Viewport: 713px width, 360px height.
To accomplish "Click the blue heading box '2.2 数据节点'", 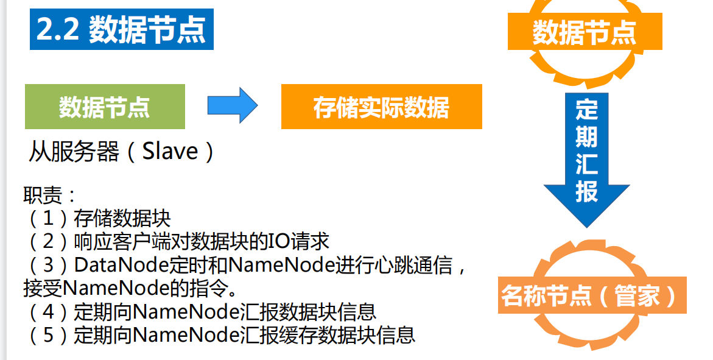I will tap(122, 29).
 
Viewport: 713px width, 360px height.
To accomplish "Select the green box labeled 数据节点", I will tap(105, 107).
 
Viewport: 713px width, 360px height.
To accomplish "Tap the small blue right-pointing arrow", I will tap(232, 105).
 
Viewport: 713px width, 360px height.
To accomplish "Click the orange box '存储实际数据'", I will tap(381, 107).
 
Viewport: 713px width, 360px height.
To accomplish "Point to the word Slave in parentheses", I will tap(170, 151).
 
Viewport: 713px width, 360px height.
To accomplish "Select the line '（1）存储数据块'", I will tap(97, 218).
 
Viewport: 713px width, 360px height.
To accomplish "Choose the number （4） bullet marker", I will tap(48, 311).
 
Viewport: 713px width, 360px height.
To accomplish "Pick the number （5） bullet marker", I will tap(48, 334).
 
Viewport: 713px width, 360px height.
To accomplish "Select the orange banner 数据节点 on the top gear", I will tap(585, 32).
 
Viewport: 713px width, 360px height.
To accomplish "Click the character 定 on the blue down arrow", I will tap(586, 110).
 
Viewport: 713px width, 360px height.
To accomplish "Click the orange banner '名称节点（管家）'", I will tap(589, 296).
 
